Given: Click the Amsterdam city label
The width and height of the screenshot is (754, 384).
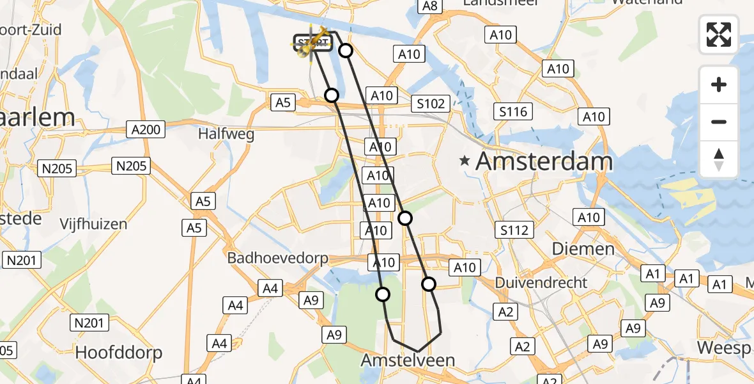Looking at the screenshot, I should pos(544,161).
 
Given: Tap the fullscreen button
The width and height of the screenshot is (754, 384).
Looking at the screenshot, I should pos(719,35).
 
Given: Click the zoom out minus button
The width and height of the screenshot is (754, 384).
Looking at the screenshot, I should pos(719,122).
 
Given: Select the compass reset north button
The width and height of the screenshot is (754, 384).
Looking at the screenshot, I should pos(719,159).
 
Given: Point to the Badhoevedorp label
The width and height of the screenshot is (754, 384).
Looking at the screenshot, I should pos(278,259).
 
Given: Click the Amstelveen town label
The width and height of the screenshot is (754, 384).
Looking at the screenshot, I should pos(408,360).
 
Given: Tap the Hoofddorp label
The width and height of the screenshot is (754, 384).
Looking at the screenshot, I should pos(119,352).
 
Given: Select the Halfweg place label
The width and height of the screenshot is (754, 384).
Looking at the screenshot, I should pos(226,134).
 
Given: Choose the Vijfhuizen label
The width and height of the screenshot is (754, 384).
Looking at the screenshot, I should pos(93,224).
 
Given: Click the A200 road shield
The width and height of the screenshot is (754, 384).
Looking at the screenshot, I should pos(146,130).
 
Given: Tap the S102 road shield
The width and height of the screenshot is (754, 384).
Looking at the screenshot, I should pos(433,103).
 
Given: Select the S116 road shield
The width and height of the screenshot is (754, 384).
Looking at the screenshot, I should pos(514,113).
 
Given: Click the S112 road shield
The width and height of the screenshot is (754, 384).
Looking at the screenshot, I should pos(515,229).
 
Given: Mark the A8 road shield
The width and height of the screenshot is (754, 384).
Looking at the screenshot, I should pos(429,6).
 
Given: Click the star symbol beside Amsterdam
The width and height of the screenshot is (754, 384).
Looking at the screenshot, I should pos(466,161).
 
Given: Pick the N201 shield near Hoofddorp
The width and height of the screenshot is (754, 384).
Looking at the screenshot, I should pos(89,323).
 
